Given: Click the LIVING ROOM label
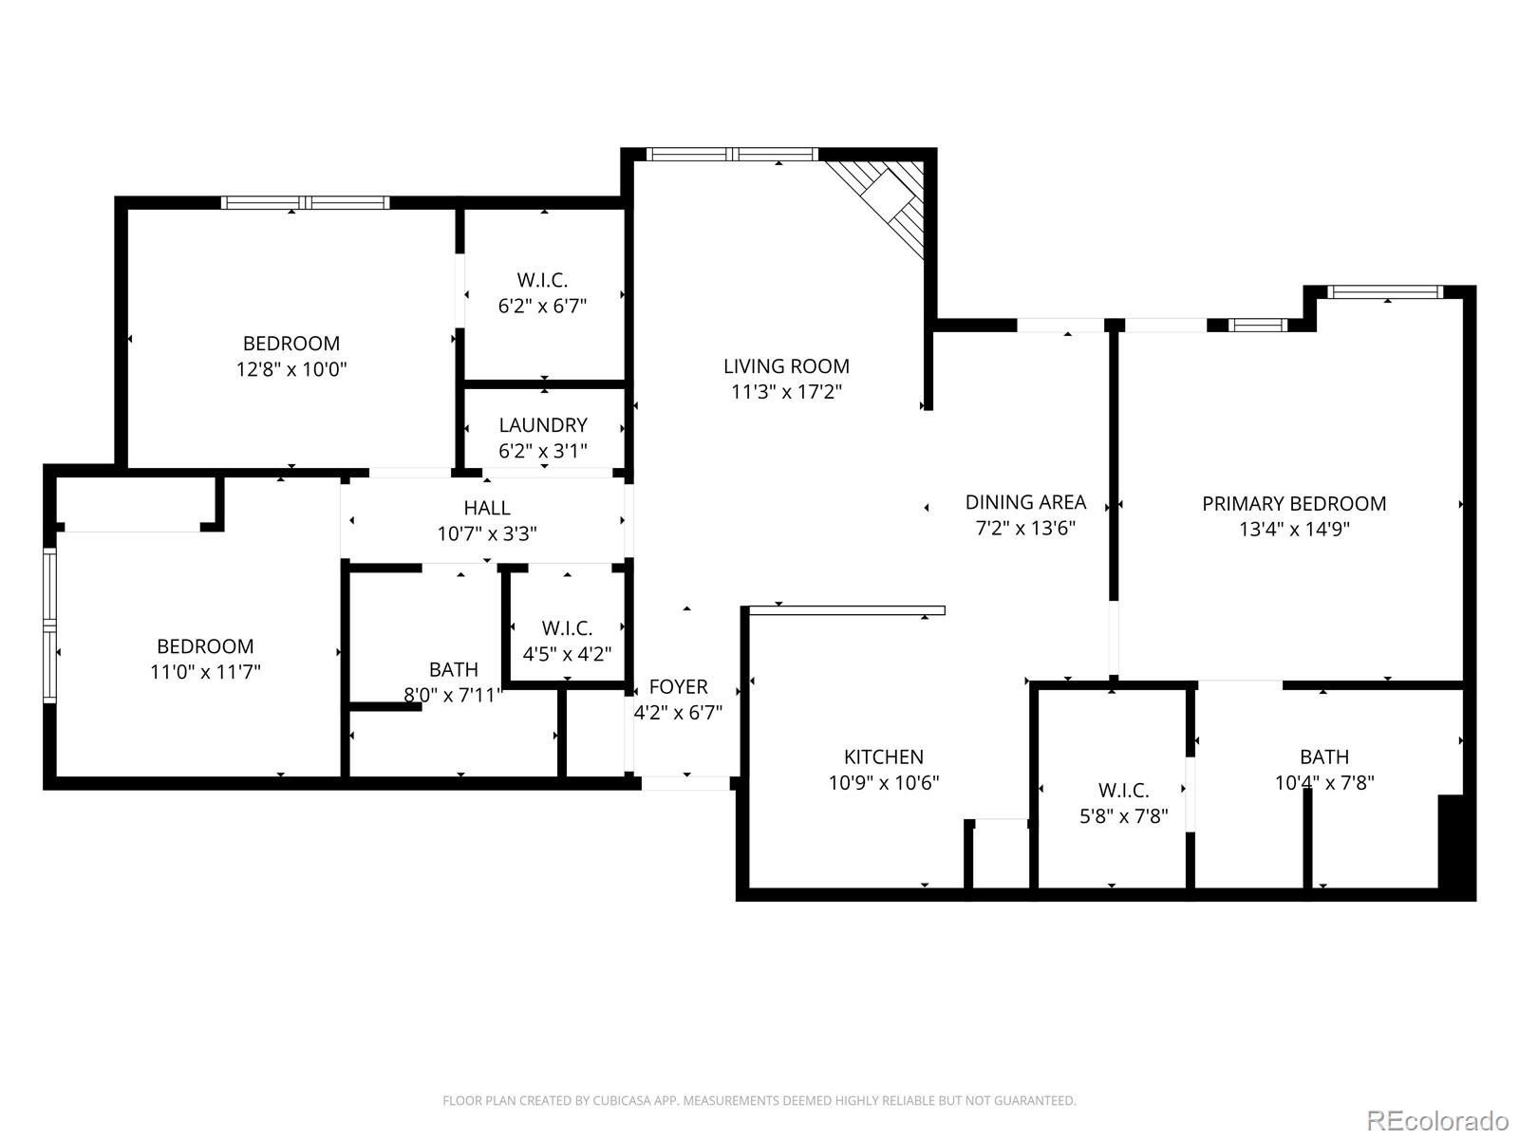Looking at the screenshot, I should click(x=786, y=366).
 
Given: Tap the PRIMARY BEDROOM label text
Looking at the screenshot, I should click(x=1293, y=504).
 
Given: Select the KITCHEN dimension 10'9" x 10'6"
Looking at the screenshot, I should click(x=884, y=783).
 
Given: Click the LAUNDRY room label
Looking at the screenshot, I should click(x=543, y=425).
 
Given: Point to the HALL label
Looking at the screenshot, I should click(x=487, y=508).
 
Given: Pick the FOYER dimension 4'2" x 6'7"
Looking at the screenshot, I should click(x=678, y=713).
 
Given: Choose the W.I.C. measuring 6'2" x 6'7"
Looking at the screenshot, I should click(x=542, y=306).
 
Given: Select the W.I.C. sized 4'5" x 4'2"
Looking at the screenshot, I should click(x=567, y=654).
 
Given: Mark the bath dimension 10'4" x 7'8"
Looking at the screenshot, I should click(x=1323, y=783).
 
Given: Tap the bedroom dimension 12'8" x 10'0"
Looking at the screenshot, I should click(x=291, y=369).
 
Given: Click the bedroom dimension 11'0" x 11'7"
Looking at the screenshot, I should click(x=205, y=672).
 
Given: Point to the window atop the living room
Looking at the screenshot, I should click(x=732, y=154).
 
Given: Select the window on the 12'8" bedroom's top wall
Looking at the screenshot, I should click(x=305, y=202).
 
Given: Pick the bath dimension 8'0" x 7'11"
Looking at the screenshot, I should click(x=453, y=695).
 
